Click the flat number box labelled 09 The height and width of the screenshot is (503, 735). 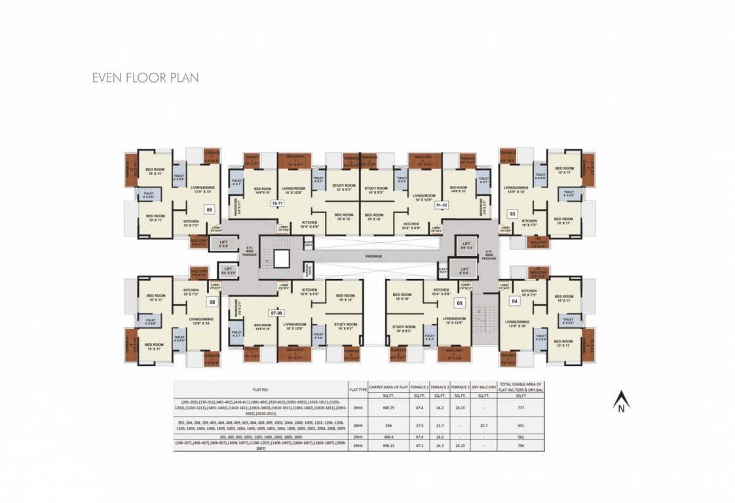click(210, 210)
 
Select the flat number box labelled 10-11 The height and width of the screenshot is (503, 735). click(277, 204)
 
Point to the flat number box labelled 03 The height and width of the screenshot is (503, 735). click(513, 214)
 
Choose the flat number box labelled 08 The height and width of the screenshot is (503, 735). click(212, 302)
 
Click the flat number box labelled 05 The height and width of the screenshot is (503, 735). click(460, 303)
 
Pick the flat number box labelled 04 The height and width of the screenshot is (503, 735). click(514, 301)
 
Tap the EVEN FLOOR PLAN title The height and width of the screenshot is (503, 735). click(145, 78)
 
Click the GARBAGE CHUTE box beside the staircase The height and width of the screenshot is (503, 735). click(309, 269)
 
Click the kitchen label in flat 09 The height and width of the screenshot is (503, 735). click(191, 223)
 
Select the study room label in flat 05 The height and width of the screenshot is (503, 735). click(404, 328)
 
